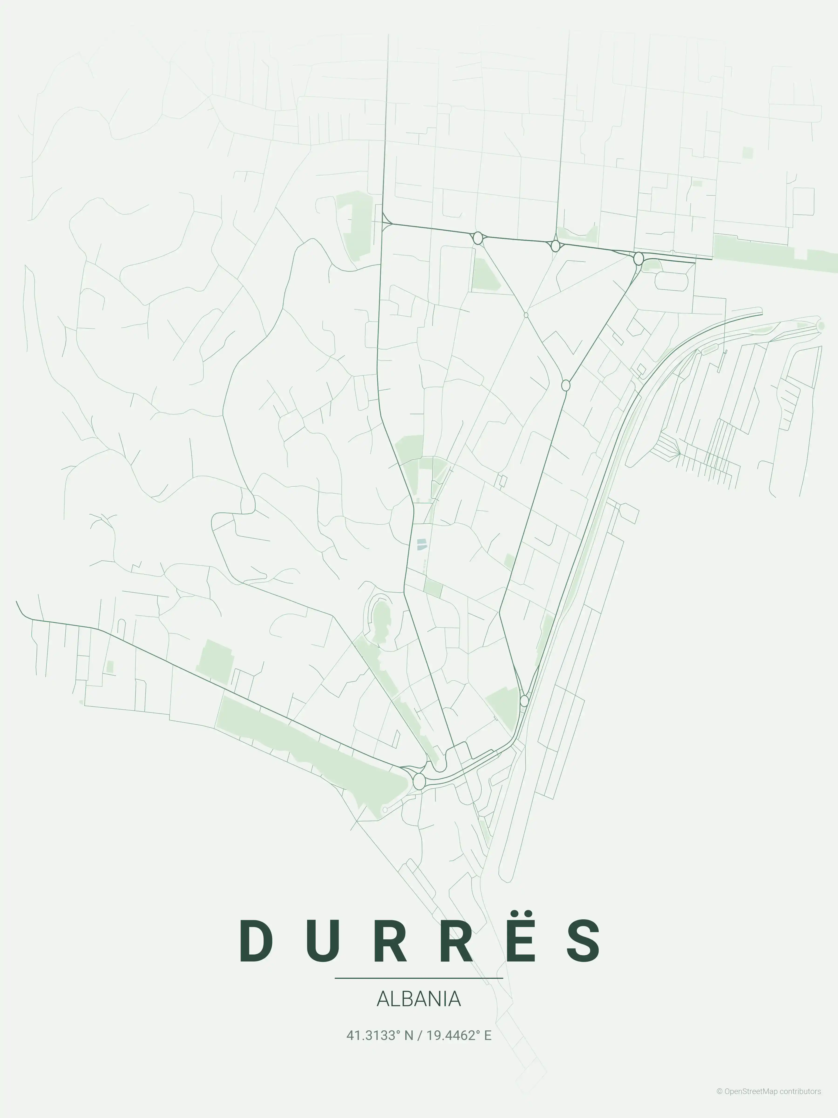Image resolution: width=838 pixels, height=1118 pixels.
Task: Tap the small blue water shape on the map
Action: pyautogui.click(x=421, y=544)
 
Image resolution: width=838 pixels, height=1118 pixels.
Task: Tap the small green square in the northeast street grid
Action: pyautogui.click(x=747, y=153)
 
